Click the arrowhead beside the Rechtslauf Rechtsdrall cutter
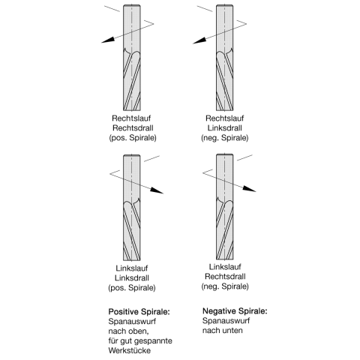(x=108, y=40)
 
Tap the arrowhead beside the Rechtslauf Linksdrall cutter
(x=199, y=40)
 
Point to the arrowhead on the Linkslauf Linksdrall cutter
(x=157, y=190)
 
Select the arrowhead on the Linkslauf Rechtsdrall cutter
(x=249, y=189)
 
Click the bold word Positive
(x=124, y=312)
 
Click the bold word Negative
(x=219, y=311)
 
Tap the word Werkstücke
(x=130, y=350)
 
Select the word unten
(x=232, y=331)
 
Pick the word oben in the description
(x=138, y=331)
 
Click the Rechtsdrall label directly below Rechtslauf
(x=133, y=128)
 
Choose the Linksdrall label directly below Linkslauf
(x=132, y=278)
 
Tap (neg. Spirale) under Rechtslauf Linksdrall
(x=225, y=138)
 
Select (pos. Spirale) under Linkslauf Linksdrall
(x=132, y=288)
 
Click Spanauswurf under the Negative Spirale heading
(x=226, y=321)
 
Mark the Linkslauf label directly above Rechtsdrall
(x=225, y=267)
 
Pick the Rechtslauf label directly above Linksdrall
(x=225, y=118)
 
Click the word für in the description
(x=113, y=340)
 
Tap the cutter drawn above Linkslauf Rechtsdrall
(x=225, y=207)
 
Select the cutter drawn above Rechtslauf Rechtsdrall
(x=132, y=58)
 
